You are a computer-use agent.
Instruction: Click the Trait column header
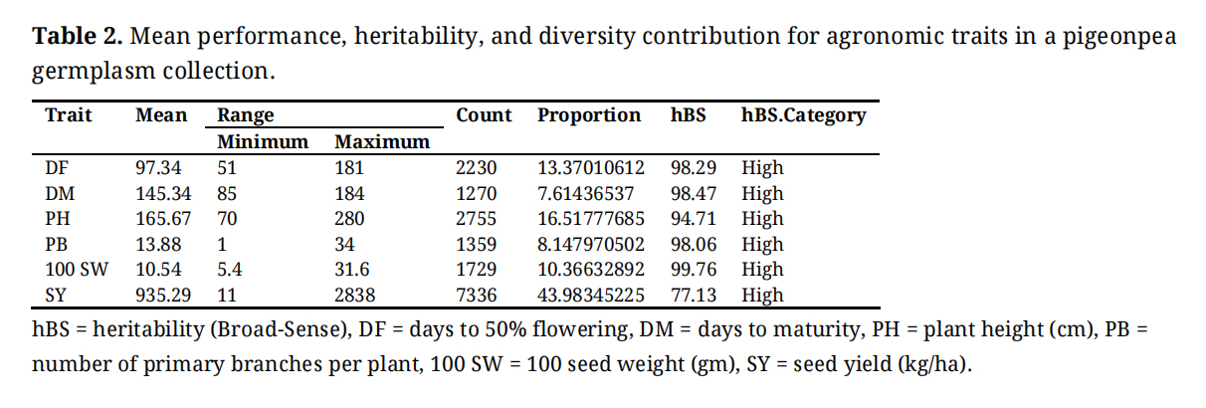pyautogui.click(x=68, y=115)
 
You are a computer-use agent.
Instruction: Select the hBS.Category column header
pyautogui.click(x=803, y=115)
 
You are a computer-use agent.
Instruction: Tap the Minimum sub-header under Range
pyautogui.click(x=263, y=141)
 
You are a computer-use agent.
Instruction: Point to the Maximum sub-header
pyautogui.click(x=382, y=141)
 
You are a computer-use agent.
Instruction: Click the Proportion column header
pyautogui.click(x=589, y=115)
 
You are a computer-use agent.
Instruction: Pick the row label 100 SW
pyautogui.click(x=76, y=270)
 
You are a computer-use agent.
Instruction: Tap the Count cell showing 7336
pyautogui.click(x=476, y=295)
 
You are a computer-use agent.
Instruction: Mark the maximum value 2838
pyautogui.click(x=355, y=295)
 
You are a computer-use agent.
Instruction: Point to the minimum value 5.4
pyautogui.click(x=231, y=270)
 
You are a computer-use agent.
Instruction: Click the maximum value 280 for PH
pyautogui.click(x=349, y=219)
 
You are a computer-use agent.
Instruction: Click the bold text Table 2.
pyautogui.click(x=78, y=38)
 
